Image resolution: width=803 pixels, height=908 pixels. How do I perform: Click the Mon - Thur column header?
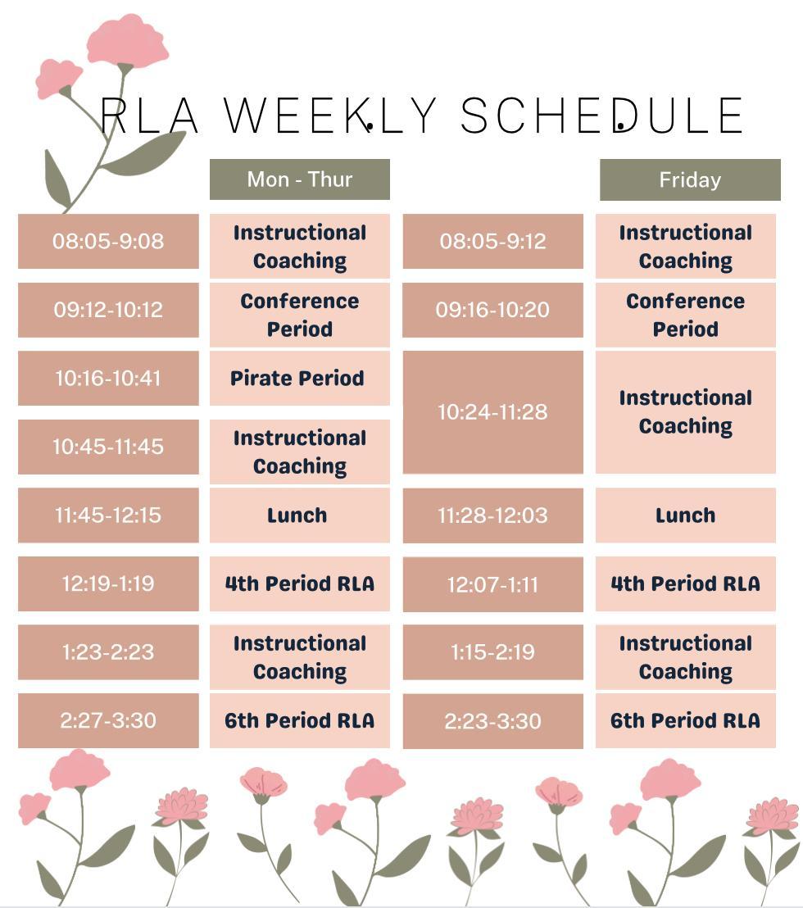[x=299, y=179]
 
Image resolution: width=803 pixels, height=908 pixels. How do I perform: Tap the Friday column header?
[x=690, y=180]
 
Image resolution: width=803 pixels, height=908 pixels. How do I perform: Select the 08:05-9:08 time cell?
[x=108, y=241]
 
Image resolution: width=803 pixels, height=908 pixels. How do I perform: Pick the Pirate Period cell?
[x=299, y=378]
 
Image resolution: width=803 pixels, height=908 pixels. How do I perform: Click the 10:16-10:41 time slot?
[x=108, y=378]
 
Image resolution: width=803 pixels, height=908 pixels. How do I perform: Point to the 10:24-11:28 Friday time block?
[x=492, y=412]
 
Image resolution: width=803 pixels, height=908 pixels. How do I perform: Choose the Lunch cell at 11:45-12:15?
[x=299, y=515]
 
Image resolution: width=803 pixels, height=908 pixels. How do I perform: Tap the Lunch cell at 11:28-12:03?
[x=686, y=515]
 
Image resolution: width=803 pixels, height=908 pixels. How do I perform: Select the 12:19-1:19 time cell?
[x=108, y=583]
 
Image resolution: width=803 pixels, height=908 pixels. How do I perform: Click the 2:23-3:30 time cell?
[x=492, y=721]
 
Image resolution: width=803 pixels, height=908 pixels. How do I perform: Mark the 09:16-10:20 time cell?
[x=492, y=310]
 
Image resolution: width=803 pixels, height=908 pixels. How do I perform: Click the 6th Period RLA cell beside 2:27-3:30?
[x=299, y=721]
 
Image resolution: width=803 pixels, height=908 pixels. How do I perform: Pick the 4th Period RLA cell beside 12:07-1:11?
[x=686, y=583]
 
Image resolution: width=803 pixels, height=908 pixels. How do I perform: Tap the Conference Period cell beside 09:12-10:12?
[x=299, y=315]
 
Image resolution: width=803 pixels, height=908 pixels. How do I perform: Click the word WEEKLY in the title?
[x=330, y=116]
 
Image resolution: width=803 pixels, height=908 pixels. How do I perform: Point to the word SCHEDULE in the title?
[x=601, y=116]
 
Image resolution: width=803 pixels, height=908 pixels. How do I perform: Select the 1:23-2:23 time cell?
[x=108, y=652]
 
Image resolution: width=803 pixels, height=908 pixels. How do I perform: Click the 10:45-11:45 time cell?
[x=108, y=447]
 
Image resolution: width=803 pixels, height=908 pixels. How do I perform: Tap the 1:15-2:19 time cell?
[x=492, y=652]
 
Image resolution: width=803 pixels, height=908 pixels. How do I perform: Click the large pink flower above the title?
[x=127, y=40]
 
